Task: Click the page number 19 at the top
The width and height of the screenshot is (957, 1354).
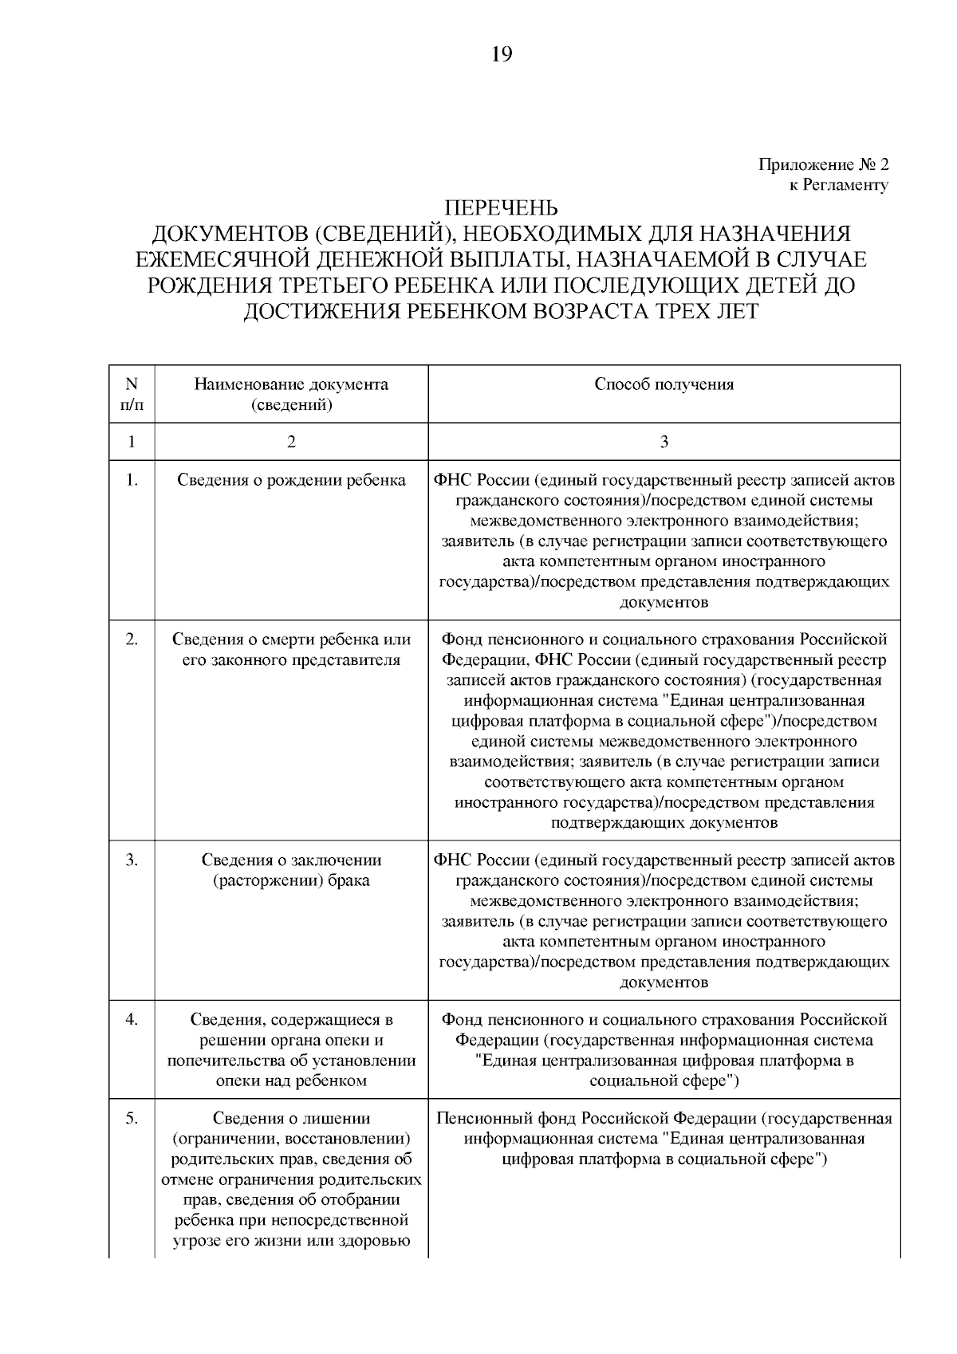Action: pyautogui.click(x=502, y=54)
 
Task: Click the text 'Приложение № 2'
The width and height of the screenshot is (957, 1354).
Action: pyautogui.click(x=822, y=165)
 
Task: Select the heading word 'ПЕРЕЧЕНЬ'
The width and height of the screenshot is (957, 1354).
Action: pyautogui.click(x=501, y=209)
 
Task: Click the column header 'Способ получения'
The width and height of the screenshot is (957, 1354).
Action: pyautogui.click(x=664, y=384)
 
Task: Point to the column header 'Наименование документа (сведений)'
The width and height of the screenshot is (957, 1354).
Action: pyautogui.click(x=291, y=394)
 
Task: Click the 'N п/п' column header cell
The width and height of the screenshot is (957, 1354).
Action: pyautogui.click(x=132, y=394)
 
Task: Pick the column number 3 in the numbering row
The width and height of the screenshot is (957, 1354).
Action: pyautogui.click(x=664, y=442)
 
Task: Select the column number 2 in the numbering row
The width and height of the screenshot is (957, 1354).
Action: pyautogui.click(x=291, y=442)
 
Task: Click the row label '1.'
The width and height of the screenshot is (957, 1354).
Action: pyautogui.click(x=132, y=480)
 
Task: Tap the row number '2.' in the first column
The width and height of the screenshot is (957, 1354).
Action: pyautogui.click(x=132, y=640)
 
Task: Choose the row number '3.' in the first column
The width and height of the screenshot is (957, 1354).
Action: pyautogui.click(x=132, y=860)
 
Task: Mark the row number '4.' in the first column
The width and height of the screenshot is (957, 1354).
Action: pyautogui.click(x=132, y=1019)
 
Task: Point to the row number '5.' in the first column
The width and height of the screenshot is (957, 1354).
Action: pyautogui.click(x=132, y=1119)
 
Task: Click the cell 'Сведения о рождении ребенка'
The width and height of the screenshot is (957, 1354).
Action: pyautogui.click(x=291, y=480)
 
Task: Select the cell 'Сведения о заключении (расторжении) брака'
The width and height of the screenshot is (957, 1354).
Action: pyautogui.click(x=291, y=871)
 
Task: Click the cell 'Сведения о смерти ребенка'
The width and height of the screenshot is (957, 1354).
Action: pyautogui.click(x=291, y=650)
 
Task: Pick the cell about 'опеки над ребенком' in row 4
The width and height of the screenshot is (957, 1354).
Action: pyautogui.click(x=291, y=1050)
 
